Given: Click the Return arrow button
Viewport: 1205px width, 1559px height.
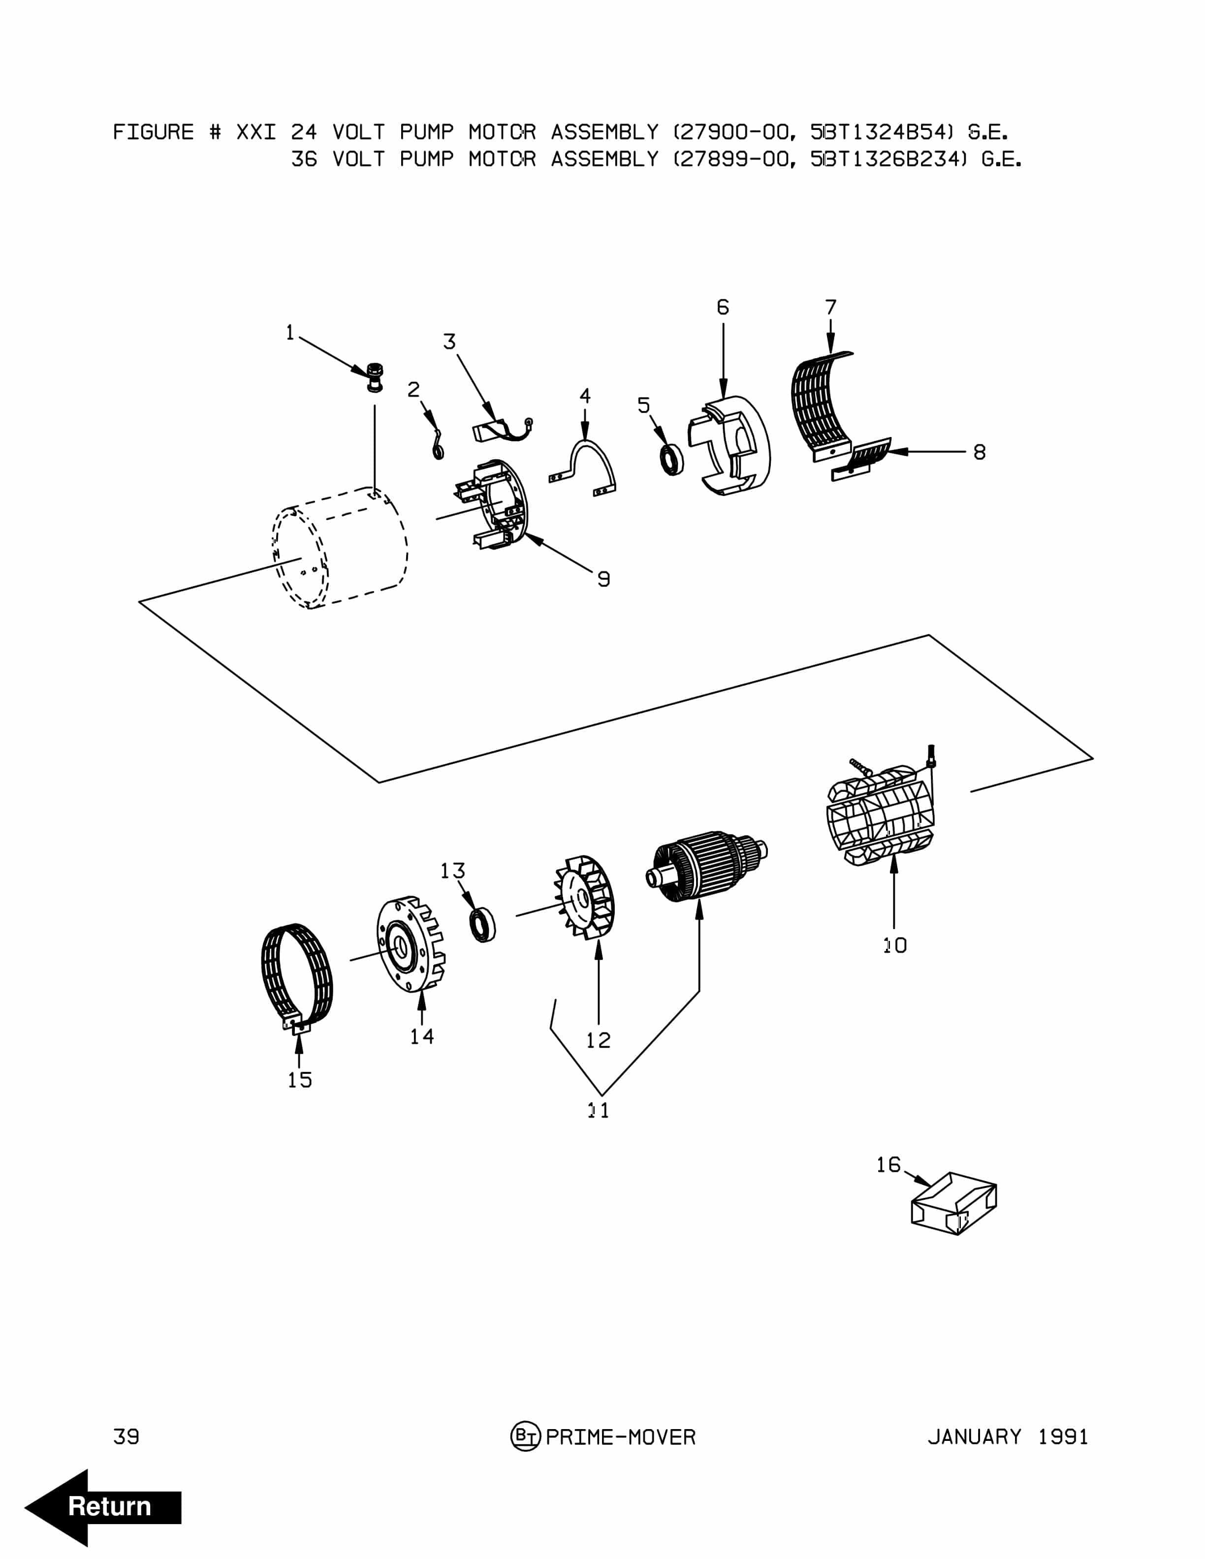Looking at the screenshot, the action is click(103, 1507).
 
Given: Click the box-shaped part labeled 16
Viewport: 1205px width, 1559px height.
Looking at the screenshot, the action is click(954, 1204).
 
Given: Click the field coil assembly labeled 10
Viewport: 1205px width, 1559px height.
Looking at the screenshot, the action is click(880, 815).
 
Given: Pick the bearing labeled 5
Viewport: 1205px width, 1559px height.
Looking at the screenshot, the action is click(671, 459).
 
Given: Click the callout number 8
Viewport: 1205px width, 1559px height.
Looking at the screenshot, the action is click(980, 452).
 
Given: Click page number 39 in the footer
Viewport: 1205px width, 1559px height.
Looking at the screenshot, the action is click(127, 1436).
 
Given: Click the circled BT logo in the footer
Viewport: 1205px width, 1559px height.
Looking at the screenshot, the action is click(525, 1436).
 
